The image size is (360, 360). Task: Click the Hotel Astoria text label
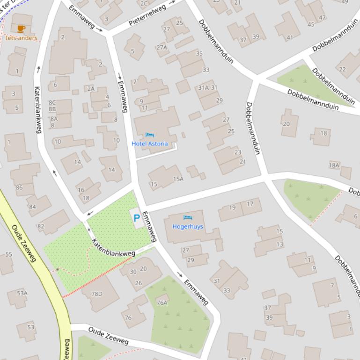[x=149, y=144]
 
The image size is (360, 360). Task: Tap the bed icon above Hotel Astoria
[x=149, y=135]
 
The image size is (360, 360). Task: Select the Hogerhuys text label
[x=188, y=226]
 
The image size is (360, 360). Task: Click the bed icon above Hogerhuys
[x=188, y=218]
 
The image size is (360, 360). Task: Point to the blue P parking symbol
[x=137, y=218]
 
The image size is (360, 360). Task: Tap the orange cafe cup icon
[x=21, y=29]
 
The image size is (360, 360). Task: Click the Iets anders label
[x=22, y=38]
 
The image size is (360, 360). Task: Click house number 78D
[x=96, y=294]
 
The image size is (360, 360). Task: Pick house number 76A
[x=162, y=302]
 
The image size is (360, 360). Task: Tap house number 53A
[x=22, y=293]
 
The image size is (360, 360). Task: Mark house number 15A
[x=178, y=179]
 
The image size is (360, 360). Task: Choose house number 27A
[x=162, y=47]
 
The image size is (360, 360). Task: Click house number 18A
[x=334, y=165]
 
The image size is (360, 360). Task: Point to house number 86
[x=19, y=187]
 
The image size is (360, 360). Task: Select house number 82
[x=41, y=226]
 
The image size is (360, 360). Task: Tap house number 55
[x=8, y=254]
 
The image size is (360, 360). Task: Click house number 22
[x=342, y=69]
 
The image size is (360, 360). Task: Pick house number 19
[x=232, y=208]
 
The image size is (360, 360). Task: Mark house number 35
[x=199, y=53]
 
